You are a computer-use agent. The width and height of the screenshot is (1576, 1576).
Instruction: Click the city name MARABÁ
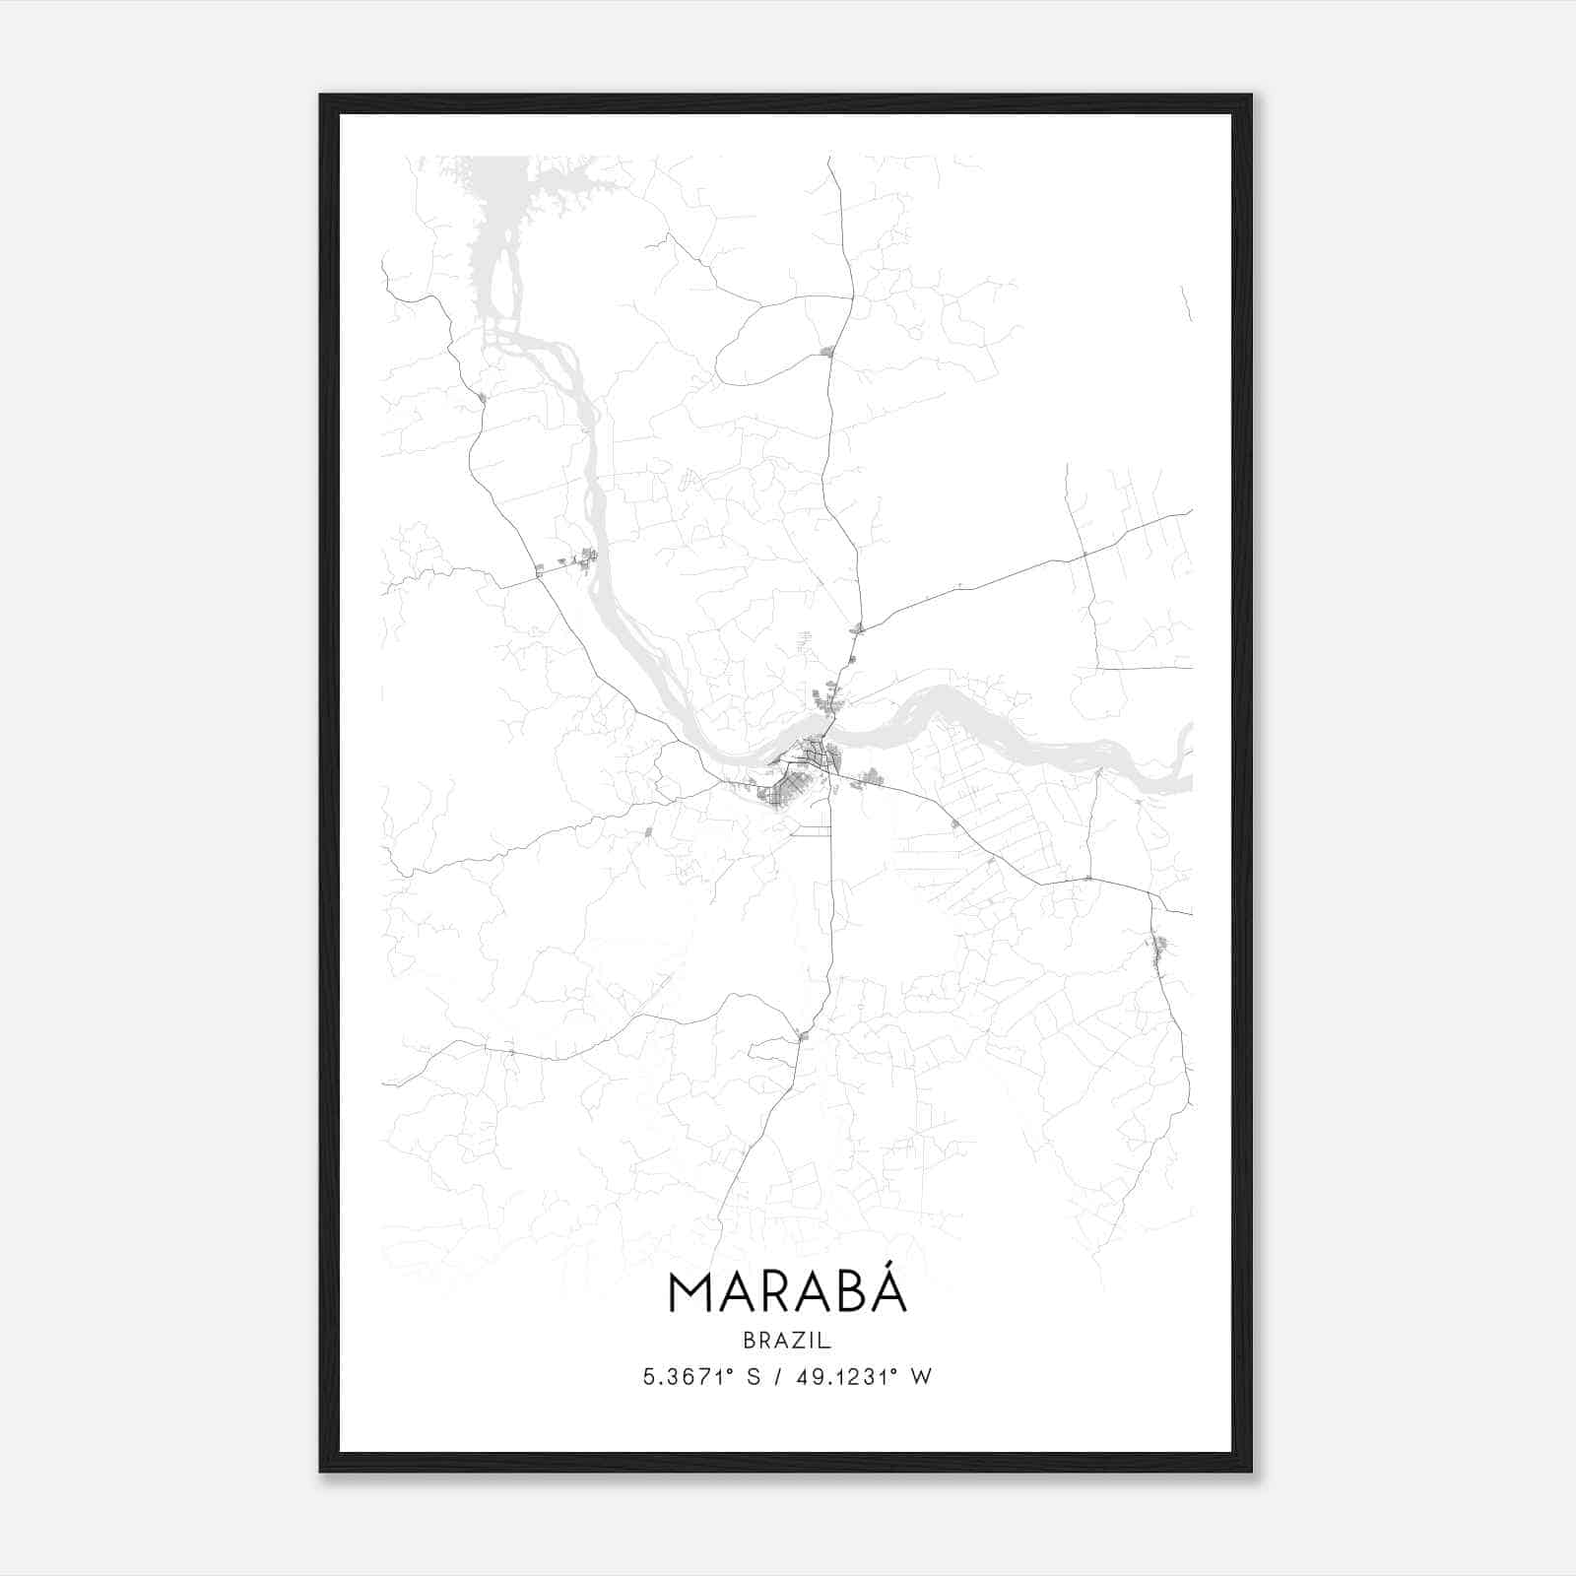[787, 1292]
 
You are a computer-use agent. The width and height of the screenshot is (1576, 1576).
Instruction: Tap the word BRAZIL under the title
[787, 1341]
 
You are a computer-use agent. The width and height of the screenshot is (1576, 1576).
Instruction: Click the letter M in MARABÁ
[689, 1294]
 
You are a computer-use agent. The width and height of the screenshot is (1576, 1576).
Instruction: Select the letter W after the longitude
[921, 1377]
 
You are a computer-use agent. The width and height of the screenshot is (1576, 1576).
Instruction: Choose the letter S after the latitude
[754, 1377]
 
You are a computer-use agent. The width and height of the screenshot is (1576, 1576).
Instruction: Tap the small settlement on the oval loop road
[826, 351]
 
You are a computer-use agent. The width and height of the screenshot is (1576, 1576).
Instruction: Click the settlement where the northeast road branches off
[859, 628]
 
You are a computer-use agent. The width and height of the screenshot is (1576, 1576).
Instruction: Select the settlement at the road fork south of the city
[803, 1034]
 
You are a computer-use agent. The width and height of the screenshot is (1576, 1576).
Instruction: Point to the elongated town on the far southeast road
[1159, 952]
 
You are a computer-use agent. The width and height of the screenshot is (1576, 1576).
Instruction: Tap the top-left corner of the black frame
[321, 96]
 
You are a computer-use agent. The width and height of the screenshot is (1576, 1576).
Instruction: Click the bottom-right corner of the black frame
[1251, 1471]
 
